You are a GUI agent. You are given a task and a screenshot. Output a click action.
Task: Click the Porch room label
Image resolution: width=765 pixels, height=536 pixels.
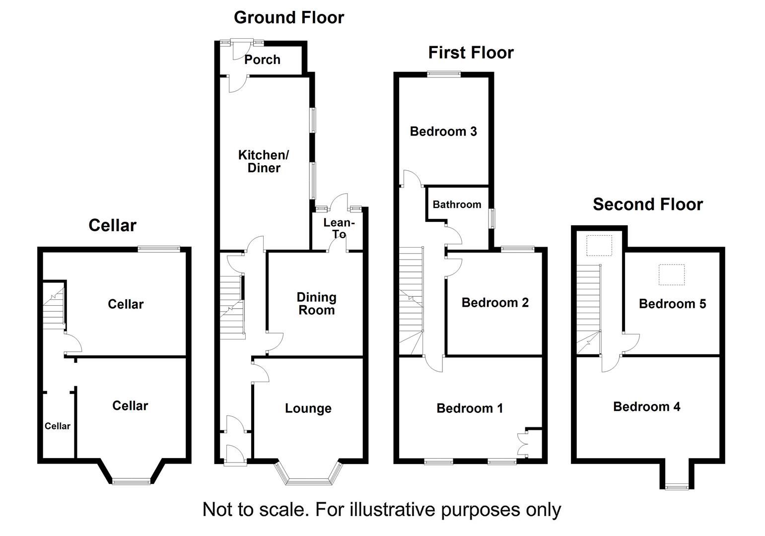262,60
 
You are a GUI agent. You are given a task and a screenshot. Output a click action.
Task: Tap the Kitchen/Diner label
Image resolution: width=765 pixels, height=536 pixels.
264,161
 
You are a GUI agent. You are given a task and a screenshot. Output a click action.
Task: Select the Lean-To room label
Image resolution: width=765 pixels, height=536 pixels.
339,228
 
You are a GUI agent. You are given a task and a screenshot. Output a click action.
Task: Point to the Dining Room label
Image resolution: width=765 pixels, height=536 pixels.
316,304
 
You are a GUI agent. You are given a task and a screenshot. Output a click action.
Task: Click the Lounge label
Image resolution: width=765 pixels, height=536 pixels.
308,408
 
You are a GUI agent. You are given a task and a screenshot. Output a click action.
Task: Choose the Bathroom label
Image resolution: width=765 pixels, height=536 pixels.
457,204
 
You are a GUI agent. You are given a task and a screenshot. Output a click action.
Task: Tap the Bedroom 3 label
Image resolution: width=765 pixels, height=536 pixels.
443,132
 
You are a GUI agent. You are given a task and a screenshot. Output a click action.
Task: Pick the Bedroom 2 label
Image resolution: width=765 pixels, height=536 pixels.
495,303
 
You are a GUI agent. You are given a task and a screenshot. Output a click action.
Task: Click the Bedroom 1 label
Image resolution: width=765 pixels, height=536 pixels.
470,408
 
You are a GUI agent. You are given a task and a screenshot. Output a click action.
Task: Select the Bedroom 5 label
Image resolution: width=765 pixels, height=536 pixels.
672,304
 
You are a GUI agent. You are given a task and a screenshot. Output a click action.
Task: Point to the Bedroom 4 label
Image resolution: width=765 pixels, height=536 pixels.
646,407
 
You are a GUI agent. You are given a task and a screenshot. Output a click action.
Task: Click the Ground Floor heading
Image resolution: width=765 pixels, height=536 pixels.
289,17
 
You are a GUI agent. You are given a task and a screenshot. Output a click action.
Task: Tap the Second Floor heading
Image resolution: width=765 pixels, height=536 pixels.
648,204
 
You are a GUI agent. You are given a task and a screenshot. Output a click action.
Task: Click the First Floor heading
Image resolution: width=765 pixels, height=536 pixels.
471,52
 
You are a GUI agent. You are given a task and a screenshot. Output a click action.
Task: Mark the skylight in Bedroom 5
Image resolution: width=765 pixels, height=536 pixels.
672,275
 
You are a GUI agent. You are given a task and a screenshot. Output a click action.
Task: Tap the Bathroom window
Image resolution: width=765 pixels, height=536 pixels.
492,218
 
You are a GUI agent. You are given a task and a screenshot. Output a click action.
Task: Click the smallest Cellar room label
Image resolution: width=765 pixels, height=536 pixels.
58,426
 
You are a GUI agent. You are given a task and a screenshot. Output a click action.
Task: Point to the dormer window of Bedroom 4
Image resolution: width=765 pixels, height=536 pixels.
677,487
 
